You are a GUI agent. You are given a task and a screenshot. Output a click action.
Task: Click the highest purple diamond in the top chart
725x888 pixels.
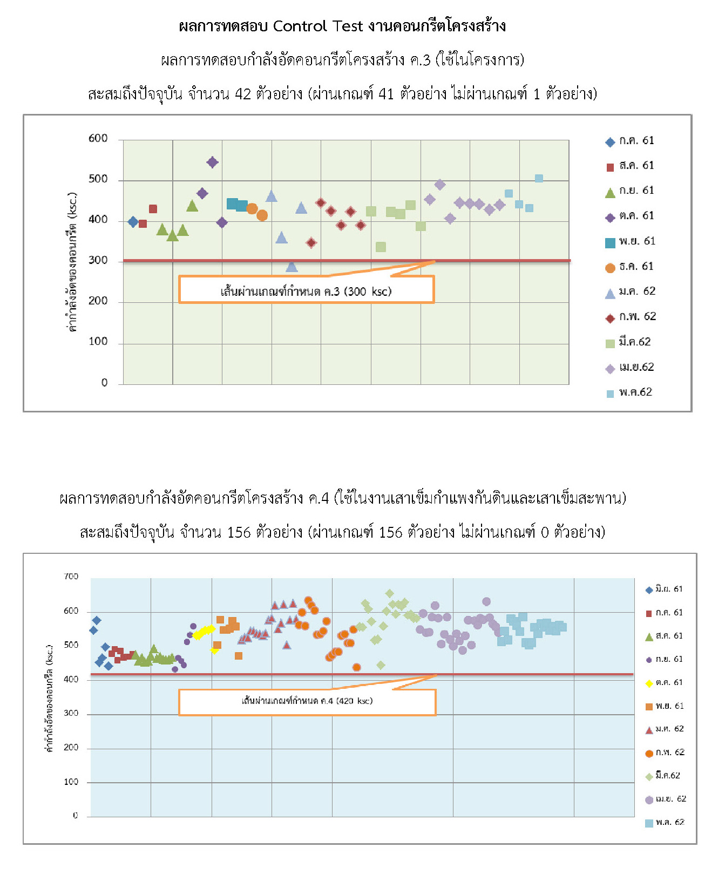(212, 162)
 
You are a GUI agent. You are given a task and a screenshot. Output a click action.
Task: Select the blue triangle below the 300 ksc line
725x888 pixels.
(292, 267)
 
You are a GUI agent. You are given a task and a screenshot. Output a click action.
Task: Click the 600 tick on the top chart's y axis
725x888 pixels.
(98, 139)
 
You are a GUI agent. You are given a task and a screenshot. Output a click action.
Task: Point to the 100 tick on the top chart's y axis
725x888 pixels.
(98, 342)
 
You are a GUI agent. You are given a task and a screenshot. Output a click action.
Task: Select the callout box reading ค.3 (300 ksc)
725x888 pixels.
(306, 290)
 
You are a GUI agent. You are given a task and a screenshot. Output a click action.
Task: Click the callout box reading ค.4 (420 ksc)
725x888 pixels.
(307, 701)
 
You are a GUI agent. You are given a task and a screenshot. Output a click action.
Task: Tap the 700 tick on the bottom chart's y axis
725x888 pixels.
(71, 577)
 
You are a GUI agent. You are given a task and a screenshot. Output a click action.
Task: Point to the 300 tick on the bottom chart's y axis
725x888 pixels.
(71, 714)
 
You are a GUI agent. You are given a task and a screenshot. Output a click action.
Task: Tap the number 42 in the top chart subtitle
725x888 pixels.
(243, 94)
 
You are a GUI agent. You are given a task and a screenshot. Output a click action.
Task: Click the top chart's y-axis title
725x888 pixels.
(72, 261)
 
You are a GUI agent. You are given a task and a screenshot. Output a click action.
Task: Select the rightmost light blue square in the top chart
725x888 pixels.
(539, 179)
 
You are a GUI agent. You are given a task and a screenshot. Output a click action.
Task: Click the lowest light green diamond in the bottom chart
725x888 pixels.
(381, 666)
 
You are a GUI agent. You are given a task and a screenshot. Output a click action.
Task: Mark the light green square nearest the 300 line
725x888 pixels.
(381, 247)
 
